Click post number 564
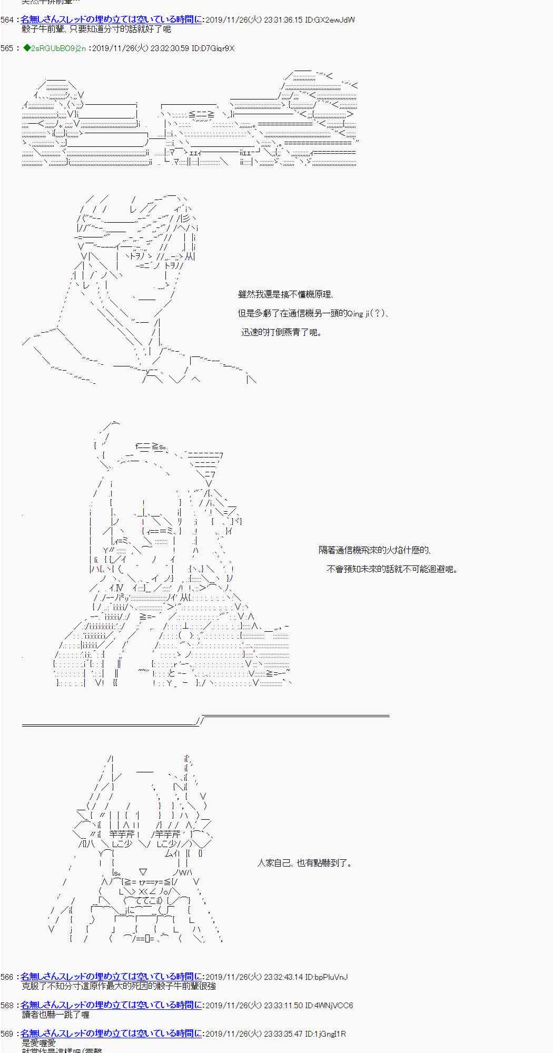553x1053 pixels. pos(7,20)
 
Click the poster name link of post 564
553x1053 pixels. pos(111,19)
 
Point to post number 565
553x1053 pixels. pos(7,48)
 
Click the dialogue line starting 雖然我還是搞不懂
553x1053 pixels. pos(285,295)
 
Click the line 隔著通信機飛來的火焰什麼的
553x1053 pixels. pos(374,550)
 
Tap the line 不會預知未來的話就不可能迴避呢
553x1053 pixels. pos(392,569)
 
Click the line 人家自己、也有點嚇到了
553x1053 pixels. pos(304,863)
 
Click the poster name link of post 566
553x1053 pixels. pos(111,977)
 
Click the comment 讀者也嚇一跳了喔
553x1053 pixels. pos(55,1015)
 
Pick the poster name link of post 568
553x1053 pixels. pos(111,1005)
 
